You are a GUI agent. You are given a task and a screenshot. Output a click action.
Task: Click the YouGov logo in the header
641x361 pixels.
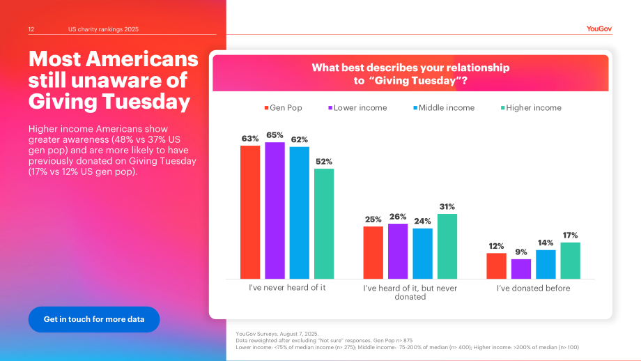(599, 29)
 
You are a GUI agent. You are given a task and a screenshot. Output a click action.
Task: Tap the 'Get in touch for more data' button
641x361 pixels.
(94, 319)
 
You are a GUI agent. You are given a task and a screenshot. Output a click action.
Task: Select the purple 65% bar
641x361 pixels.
(275, 210)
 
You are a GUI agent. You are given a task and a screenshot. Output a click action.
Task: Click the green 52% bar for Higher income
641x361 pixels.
(324, 224)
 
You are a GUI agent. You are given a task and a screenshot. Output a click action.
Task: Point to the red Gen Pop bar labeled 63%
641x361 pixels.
(250, 212)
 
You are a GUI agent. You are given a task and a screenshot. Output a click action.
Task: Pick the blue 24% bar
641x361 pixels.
(423, 254)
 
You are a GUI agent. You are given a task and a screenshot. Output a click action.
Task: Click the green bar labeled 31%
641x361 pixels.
(447, 246)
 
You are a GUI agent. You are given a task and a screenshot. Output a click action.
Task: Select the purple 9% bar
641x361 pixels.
(521, 269)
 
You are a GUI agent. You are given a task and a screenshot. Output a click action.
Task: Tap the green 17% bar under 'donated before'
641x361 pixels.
(570, 261)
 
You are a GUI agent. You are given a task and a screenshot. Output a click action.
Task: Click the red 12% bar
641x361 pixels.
(496, 266)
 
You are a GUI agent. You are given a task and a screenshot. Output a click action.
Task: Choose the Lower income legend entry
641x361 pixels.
(357, 108)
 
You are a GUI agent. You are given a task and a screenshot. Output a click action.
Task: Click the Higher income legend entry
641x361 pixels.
(531, 108)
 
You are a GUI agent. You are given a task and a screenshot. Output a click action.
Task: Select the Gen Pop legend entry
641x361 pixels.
(283, 108)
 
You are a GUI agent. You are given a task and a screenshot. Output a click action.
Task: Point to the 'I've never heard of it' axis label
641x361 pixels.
(287, 287)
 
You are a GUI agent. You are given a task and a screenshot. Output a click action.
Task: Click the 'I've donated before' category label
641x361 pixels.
(534, 289)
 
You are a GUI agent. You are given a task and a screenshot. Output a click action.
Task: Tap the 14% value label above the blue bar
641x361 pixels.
(546, 243)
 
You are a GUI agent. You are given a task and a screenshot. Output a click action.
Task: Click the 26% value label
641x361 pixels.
(398, 217)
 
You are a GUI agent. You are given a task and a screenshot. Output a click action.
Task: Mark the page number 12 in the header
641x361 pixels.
(31, 29)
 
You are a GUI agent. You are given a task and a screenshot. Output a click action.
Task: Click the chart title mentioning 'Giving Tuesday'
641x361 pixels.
(410, 74)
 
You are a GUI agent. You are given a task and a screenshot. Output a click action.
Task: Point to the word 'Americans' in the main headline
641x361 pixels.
(142, 59)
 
